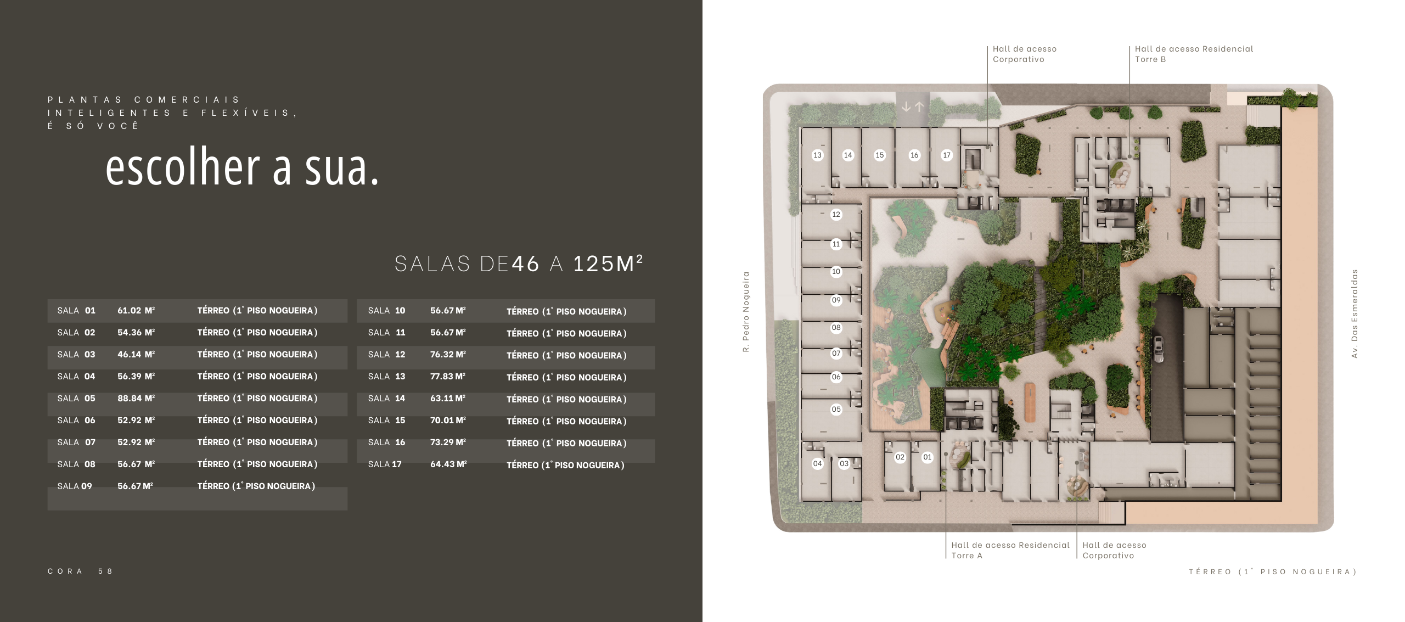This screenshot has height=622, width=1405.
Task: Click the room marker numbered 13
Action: click(x=817, y=155)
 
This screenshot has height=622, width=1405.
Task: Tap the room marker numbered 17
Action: click(x=946, y=155)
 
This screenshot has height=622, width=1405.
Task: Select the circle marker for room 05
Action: click(x=836, y=409)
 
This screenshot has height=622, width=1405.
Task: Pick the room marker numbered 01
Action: click(x=927, y=457)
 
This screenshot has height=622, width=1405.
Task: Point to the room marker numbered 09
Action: click(x=836, y=300)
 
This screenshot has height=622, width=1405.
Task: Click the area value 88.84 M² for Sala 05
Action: click(x=136, y=398)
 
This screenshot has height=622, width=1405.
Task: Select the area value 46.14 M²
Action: click(x=136, y=354)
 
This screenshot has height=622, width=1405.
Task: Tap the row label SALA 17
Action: click(x=385, y=464)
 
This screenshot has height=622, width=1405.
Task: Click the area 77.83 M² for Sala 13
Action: click(x=448, y=377)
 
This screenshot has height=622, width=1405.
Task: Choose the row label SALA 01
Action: click(x=76, y=311)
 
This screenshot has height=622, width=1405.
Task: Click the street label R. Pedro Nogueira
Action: click(x=746, y=312)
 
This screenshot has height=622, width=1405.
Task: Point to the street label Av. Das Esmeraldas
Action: click(x=1355, y=313)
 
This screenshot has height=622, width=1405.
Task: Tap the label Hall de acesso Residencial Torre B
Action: click(x=1194, y=54)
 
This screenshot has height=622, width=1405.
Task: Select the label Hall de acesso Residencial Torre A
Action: click(x=1010, y=550)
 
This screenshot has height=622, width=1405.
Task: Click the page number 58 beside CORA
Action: click(x=105, y=571)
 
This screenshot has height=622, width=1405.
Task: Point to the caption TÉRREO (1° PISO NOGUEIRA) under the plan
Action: click(x=1273, y=572)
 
